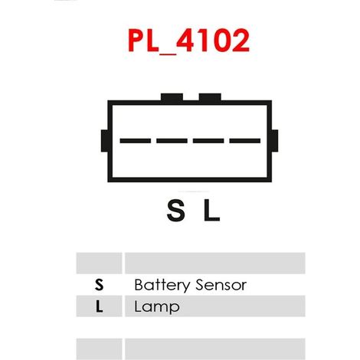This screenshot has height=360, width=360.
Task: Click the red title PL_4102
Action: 188,41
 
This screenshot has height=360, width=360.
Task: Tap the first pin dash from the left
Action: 136,141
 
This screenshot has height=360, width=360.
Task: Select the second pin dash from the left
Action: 172,141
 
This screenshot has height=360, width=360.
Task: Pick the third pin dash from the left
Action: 208,141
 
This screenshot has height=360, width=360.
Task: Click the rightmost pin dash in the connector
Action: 245,141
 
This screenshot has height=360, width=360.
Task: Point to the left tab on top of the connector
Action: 172,97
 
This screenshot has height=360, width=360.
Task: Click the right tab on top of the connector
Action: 210,97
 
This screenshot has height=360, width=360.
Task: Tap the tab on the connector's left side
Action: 104,141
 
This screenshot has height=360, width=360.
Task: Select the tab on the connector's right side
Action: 275,141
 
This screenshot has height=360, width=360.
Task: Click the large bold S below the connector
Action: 175,211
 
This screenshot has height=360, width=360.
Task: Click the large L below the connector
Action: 211,211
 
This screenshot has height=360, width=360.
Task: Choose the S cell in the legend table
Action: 99,285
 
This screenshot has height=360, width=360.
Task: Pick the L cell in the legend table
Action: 100,306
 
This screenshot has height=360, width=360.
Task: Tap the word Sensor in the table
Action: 221,285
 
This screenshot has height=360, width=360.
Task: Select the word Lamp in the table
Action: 157,307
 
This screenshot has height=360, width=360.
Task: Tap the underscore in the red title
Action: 168,54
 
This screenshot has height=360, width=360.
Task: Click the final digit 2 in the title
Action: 241,40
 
